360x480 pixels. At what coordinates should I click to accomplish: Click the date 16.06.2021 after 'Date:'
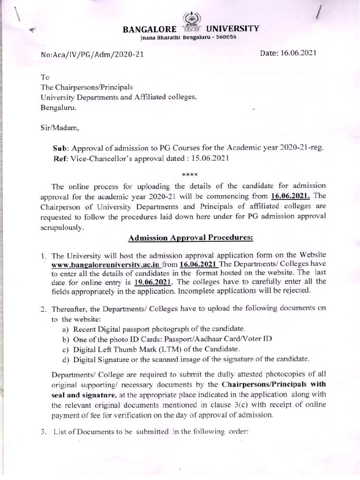pyautogui.click(x=299, y=53)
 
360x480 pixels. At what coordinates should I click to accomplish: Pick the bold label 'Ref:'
pyautogui.click(x=62, y=158)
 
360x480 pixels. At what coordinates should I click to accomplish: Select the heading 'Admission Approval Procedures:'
pyautogui.click(x=191, y=238)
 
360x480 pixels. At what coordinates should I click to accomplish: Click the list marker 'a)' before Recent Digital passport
pyautogui.click(x=65, y=330)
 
